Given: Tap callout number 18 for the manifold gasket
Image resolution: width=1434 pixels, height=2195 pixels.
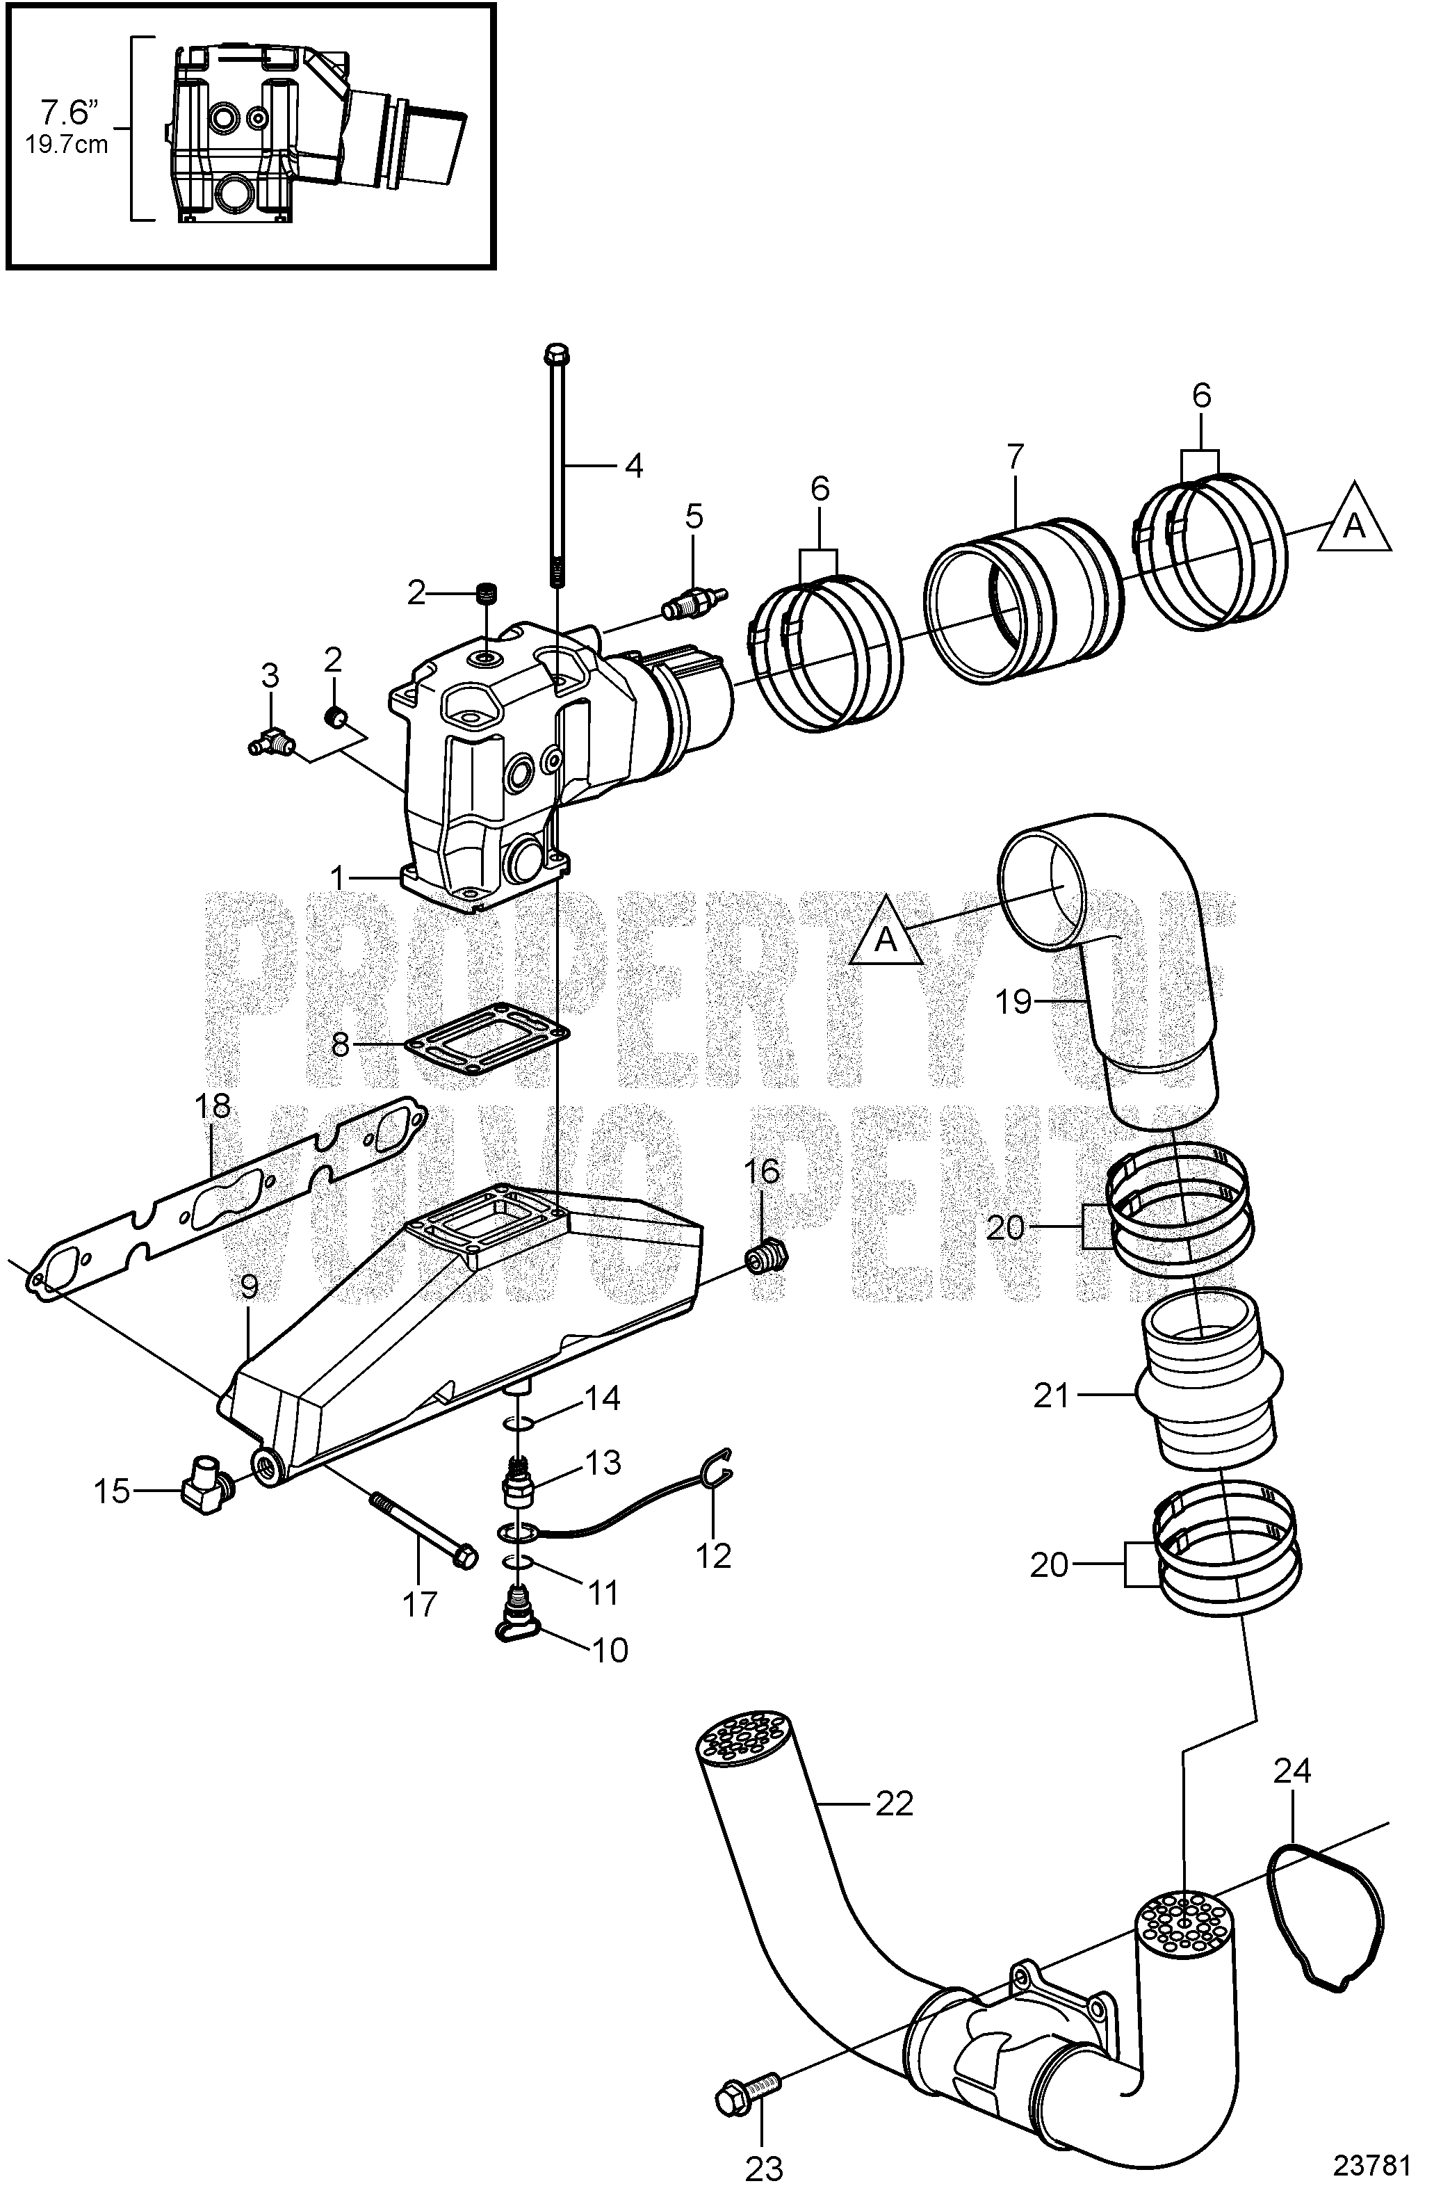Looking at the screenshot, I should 213,1107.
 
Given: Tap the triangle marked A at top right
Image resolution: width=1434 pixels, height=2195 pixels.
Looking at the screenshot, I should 1353,520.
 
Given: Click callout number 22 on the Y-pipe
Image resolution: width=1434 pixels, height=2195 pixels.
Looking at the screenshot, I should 893,1802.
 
